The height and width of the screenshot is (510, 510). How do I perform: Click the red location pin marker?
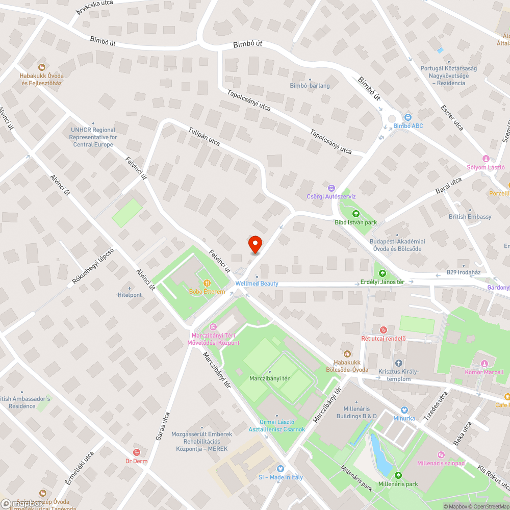click(254, 245)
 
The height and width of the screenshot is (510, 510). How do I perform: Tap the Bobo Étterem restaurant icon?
click(207, 283)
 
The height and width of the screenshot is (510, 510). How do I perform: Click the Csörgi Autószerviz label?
click(331, 196)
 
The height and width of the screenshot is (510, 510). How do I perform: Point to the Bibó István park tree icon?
click(355, 214)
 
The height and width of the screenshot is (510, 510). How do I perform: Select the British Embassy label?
click(470, 217)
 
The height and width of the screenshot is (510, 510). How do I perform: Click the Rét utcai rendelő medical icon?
click(383, 329)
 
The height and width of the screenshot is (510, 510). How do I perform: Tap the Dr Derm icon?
click(136, 452)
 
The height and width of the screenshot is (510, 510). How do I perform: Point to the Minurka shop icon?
click(404, 410)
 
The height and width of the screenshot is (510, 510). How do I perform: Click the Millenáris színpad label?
click(440, 463)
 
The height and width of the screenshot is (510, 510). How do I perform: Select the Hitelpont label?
click(130, 295)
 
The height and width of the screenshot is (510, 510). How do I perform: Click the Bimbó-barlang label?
click(310, 86)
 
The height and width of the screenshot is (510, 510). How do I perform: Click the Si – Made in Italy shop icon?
click(279, 469)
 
